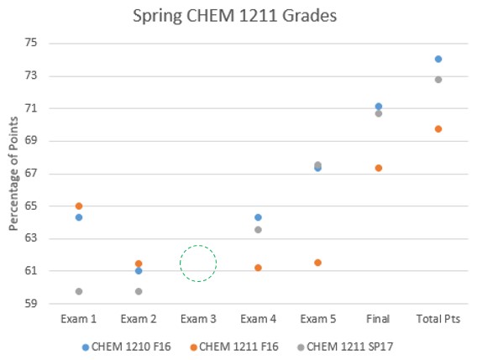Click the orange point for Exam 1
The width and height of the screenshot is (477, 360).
[x=79, y=206]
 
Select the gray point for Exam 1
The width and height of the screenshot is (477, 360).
[x=79, y=291]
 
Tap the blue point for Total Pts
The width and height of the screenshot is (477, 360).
[x=438, y=59]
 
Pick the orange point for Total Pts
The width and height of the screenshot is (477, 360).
[x=438, y=128]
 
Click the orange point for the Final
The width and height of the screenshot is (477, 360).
[x=379, y=168]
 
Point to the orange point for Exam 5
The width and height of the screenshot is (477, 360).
[x=318, y=263]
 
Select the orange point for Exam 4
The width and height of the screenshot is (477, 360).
[x=259, y=268]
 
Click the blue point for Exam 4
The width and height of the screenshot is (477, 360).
[x=259, y=217]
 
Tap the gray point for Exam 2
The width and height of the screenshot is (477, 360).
[x=139, y=291]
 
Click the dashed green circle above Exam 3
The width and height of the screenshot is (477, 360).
[x=198, y=263]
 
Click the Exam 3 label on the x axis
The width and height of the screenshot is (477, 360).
[x=198, y=320]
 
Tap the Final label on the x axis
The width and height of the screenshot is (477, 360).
[x=379, y=320]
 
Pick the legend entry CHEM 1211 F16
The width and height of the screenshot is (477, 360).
[x=238, y=347]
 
